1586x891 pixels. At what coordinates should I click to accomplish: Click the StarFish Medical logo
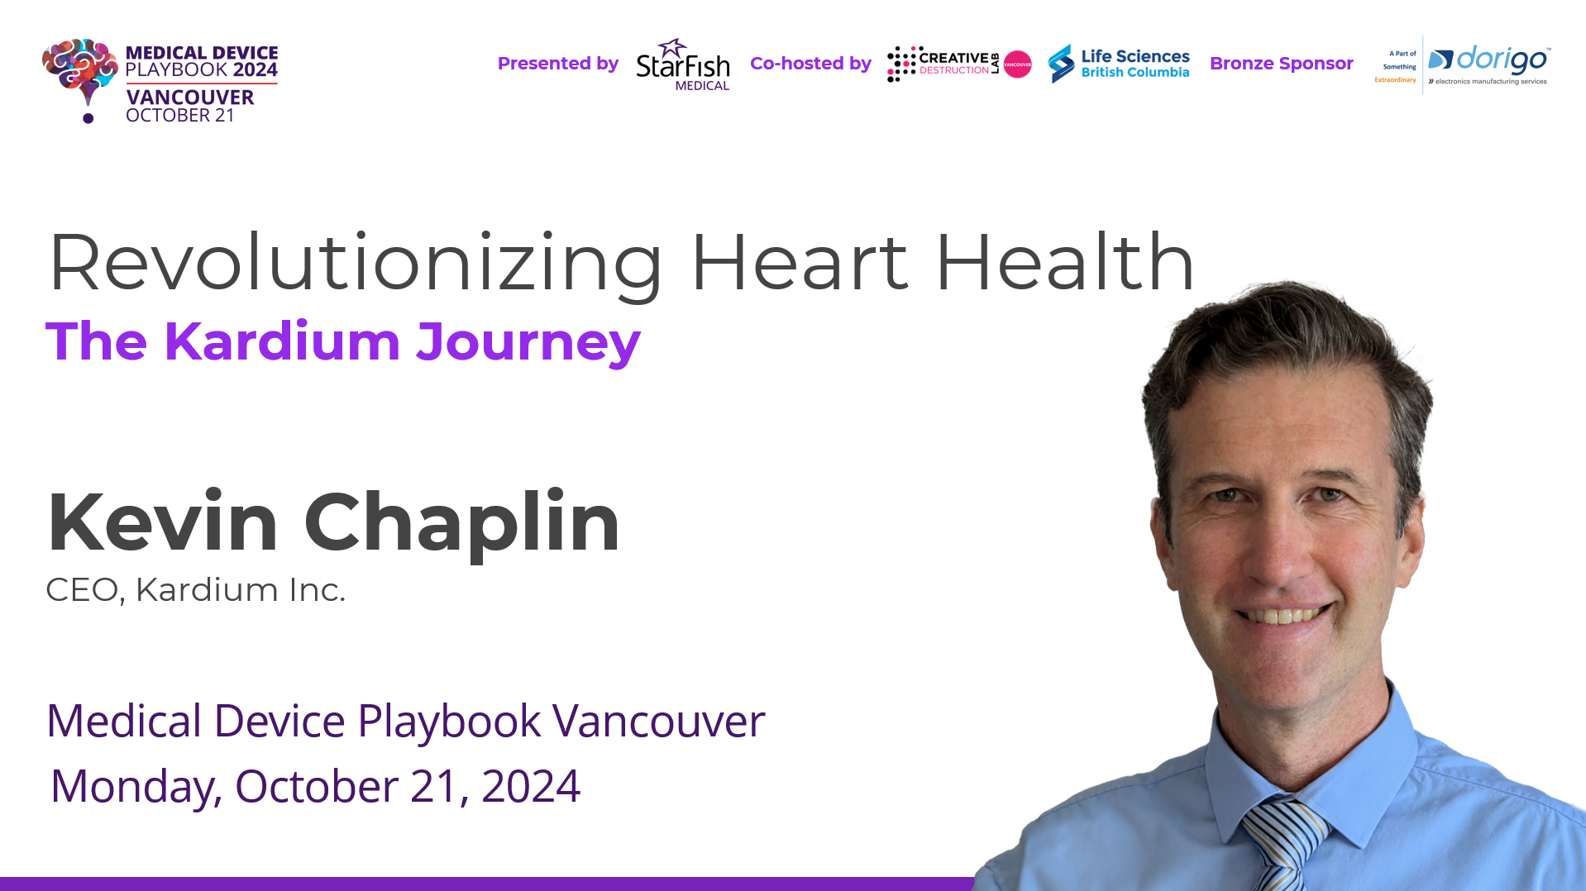pos(682,64)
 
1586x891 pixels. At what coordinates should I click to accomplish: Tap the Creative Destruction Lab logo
pos(958,64)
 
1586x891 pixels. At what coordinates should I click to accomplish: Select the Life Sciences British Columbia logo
pos(1118,64)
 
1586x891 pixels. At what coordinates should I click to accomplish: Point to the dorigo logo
pos(1488,64)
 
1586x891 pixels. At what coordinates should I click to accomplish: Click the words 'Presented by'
pos(558,64)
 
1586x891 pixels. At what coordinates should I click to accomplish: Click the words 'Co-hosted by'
pos(810,64)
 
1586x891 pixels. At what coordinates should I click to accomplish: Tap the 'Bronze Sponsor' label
pos(1281,64)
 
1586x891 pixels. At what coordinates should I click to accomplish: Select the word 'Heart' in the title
pos(799,263)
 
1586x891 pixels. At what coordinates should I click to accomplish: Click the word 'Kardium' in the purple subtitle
pos(282,341)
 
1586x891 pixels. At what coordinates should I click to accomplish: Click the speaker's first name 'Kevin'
pos(162,522)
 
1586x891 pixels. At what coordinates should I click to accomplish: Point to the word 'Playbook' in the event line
pos(449,722)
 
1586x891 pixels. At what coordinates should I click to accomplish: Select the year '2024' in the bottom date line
pos(530,786)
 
